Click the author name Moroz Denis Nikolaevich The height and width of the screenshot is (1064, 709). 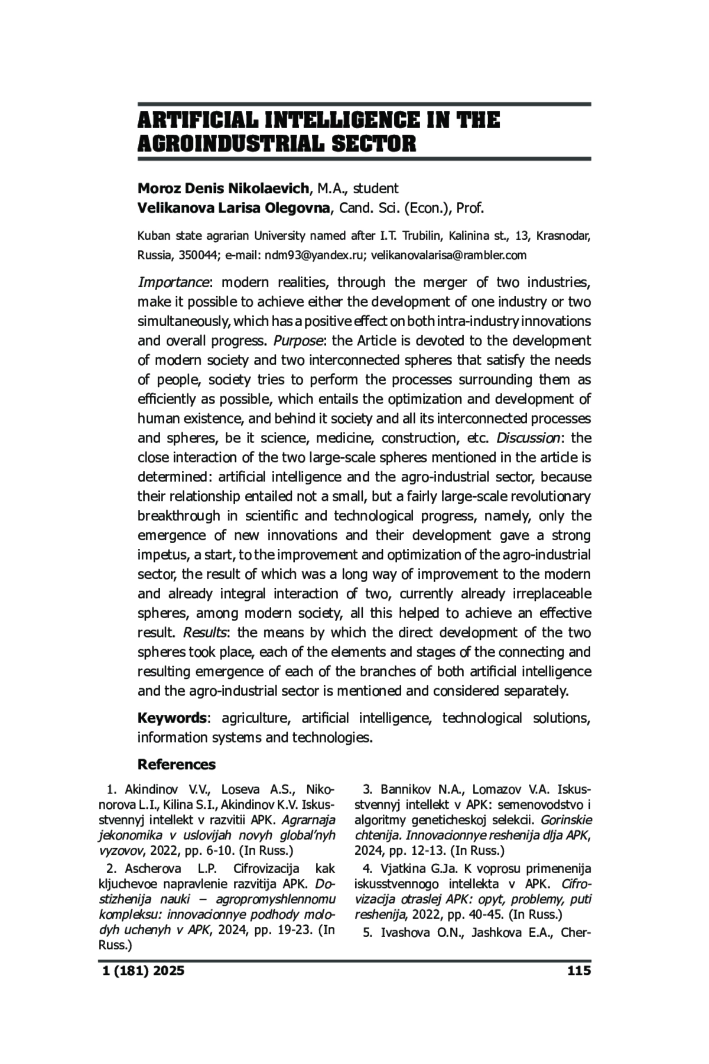pyautogui.click(x=223, y=188)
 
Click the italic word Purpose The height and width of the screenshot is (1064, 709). pyautogui.click(x=298, y=341)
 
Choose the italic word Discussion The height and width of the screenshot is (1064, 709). pyautogui.click(x=528, y=438)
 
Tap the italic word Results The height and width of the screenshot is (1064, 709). pyautogui.click(x=205, y=633)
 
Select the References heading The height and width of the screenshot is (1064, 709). pyautogui.click(x=177, y=764)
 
